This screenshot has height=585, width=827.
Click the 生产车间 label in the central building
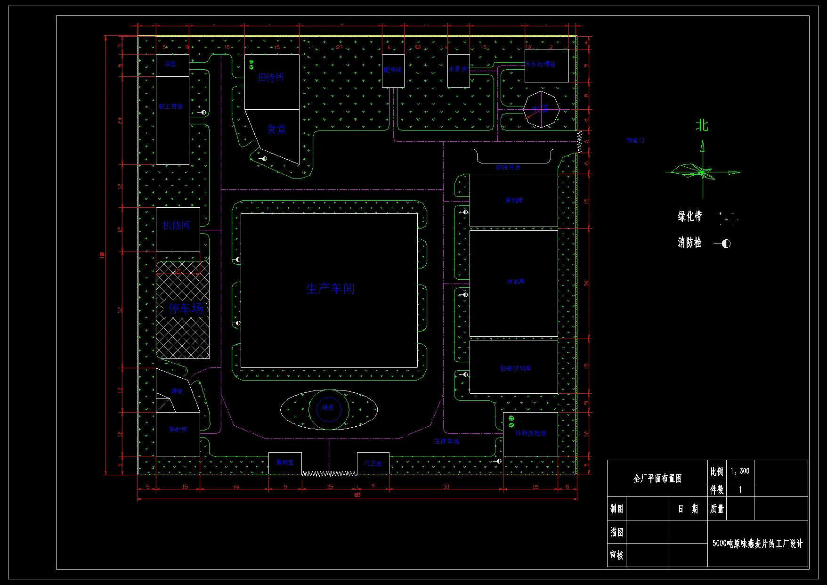pyautogui.click(x=330, y=288)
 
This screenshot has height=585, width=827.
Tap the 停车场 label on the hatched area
pyautogui.click(x=186, y=309)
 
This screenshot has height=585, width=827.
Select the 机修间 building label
pyautogui.click(x=176, y=226)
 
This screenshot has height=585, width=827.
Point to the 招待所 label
pyautogui.click(x=270, y=77)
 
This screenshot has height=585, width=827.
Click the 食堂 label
pyautogui.click(x=276, y=129)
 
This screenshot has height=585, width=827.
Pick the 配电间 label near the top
pyautogui.click(x=392, y=70)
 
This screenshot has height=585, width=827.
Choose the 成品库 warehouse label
pyautogui.click(x=516, y=282)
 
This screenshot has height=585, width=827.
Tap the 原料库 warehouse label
pyautogui.click(x=514, y=201)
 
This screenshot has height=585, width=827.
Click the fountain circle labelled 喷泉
pyautogui.click(x=328, y=408)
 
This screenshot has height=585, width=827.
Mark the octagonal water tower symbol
pyautogui.click(x=541, y=110)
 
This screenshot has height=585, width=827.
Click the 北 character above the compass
pyautogui.click(x=702, y=125)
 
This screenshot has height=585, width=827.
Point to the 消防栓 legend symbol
pyautogui.click(x=723, y=244)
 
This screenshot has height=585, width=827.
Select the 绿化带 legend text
pyautogui.click(x=689, y=216)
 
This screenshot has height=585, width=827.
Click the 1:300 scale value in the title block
pyautogui.click(x=740, y=471)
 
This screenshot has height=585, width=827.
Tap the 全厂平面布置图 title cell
pyautogui.click(x=657, y=479)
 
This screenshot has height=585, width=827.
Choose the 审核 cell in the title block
pyautogui.click(x=616, y=555)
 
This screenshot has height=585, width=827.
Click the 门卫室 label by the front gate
pyautogui.click(x=373, y=463)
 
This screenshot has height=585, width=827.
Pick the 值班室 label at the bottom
pyautogui.click(x=284, y=463)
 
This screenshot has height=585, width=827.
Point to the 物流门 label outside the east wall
pyautogui.click(x=635, y=140)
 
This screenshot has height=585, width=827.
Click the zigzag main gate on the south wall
pyautogui.click(x=329, y=473)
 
